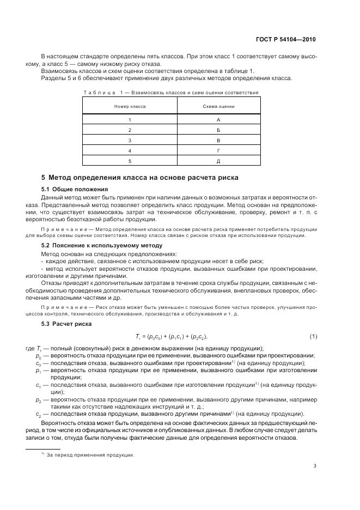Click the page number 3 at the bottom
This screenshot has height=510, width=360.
pos(315,465)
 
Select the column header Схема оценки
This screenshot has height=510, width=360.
pos(218,106)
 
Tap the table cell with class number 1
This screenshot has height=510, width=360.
pos(130,119)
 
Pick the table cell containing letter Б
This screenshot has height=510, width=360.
pos(218,130)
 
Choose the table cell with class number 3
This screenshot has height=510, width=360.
pos(130,140)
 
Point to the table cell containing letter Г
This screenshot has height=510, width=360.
pos(218,150)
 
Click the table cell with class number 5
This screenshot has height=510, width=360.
pos(130,161)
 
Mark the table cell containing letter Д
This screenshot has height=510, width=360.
pos(218,161)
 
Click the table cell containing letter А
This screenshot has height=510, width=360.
pos(218,119)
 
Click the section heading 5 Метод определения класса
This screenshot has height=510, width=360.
pos(140,178)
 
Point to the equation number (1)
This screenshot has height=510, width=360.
pos(313,336)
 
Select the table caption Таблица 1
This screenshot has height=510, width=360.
pos(170,93)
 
